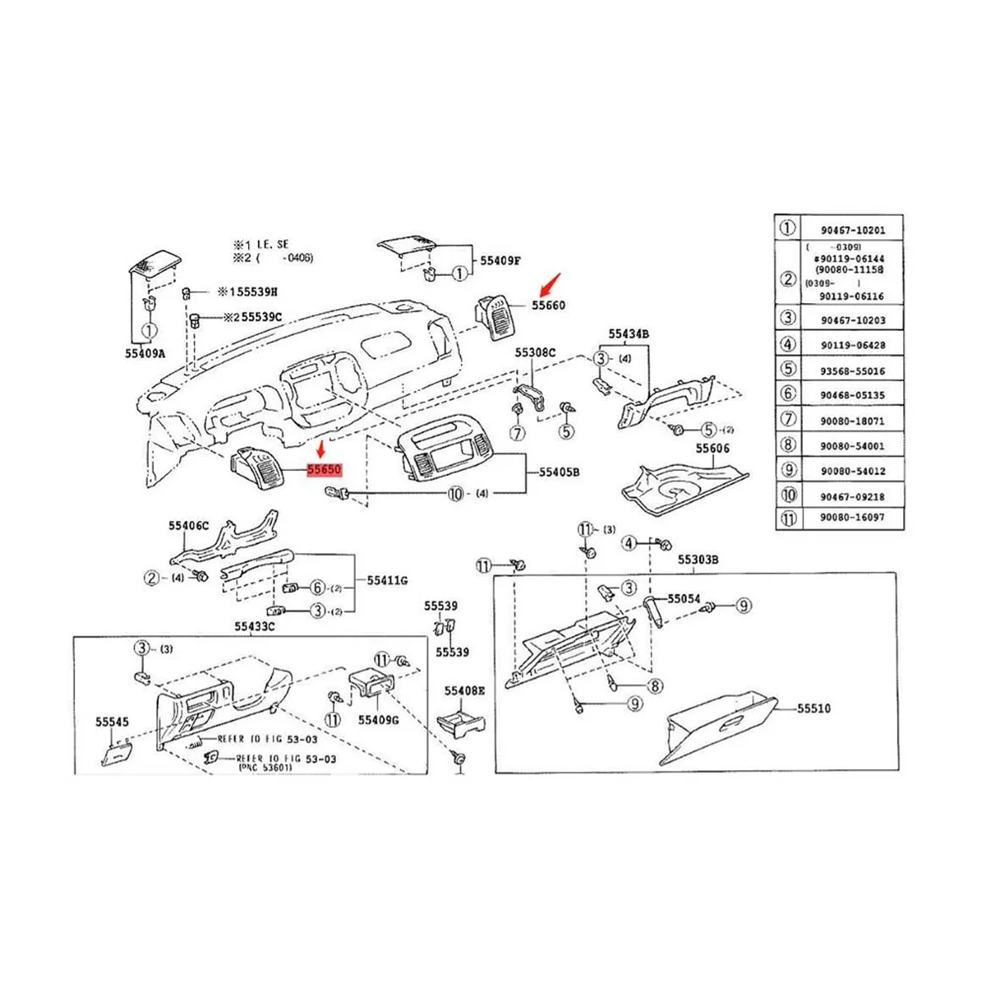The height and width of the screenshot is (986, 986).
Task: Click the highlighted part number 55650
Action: (x=324, y=471)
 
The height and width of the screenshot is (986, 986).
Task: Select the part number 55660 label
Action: (x=548, y=305)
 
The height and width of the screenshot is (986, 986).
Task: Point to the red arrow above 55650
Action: (x=321, y=449)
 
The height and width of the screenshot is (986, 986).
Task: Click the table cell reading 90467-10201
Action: (x=852, y=231)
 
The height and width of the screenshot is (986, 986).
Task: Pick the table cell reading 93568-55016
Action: (x=852, y=371)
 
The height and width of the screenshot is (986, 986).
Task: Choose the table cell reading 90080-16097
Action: (x=852, y=518)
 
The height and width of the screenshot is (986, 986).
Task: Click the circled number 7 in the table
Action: (x=788, y=420)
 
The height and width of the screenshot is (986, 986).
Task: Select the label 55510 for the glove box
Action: (x=813, y=708)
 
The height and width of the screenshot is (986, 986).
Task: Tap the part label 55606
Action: (x=713, y=449)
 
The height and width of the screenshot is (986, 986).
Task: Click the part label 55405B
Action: (x=560, y=472)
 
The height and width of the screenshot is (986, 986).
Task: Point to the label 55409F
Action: (x=500, y=260)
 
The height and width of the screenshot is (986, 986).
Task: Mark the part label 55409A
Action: (x=145, y=354)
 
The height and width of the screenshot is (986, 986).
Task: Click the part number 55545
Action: (x=112, y=721)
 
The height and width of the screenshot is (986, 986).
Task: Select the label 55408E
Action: (x=465, y=691)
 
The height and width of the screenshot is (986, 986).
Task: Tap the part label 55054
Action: (x=684, y=599)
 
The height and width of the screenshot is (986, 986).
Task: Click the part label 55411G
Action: (x=387, y=580)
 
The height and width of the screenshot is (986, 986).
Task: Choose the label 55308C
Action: (x=536, y=352)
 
